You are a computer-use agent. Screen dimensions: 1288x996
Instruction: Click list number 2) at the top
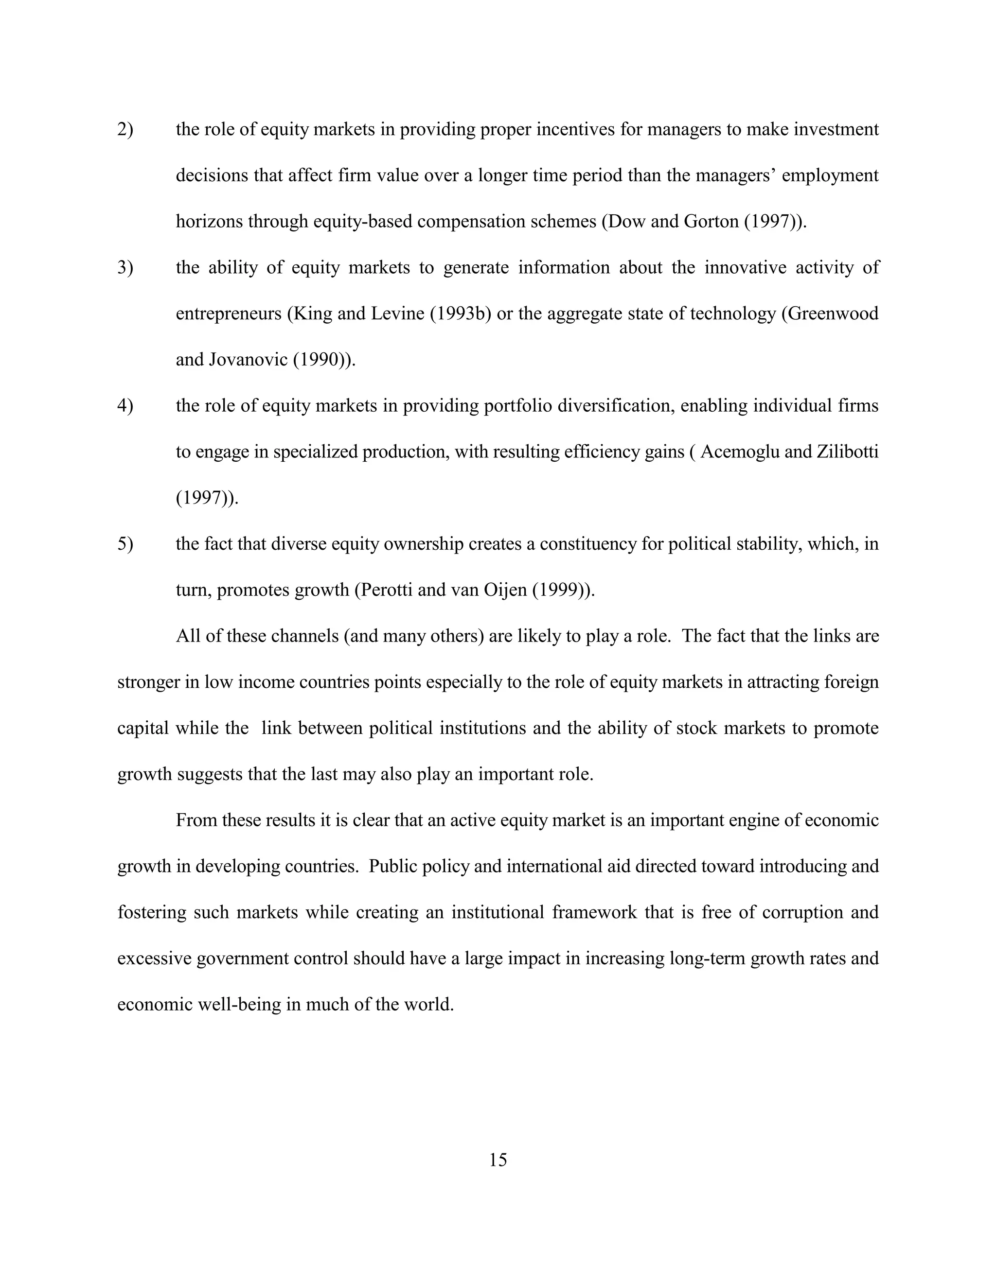coord(125,129)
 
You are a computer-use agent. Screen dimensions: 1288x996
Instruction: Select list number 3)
coord(125,268)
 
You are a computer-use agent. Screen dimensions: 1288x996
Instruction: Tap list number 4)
coord(125,406)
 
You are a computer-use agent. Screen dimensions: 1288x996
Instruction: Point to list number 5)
coord(125,544)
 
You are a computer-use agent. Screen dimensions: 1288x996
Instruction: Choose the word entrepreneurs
coord(229,314)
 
